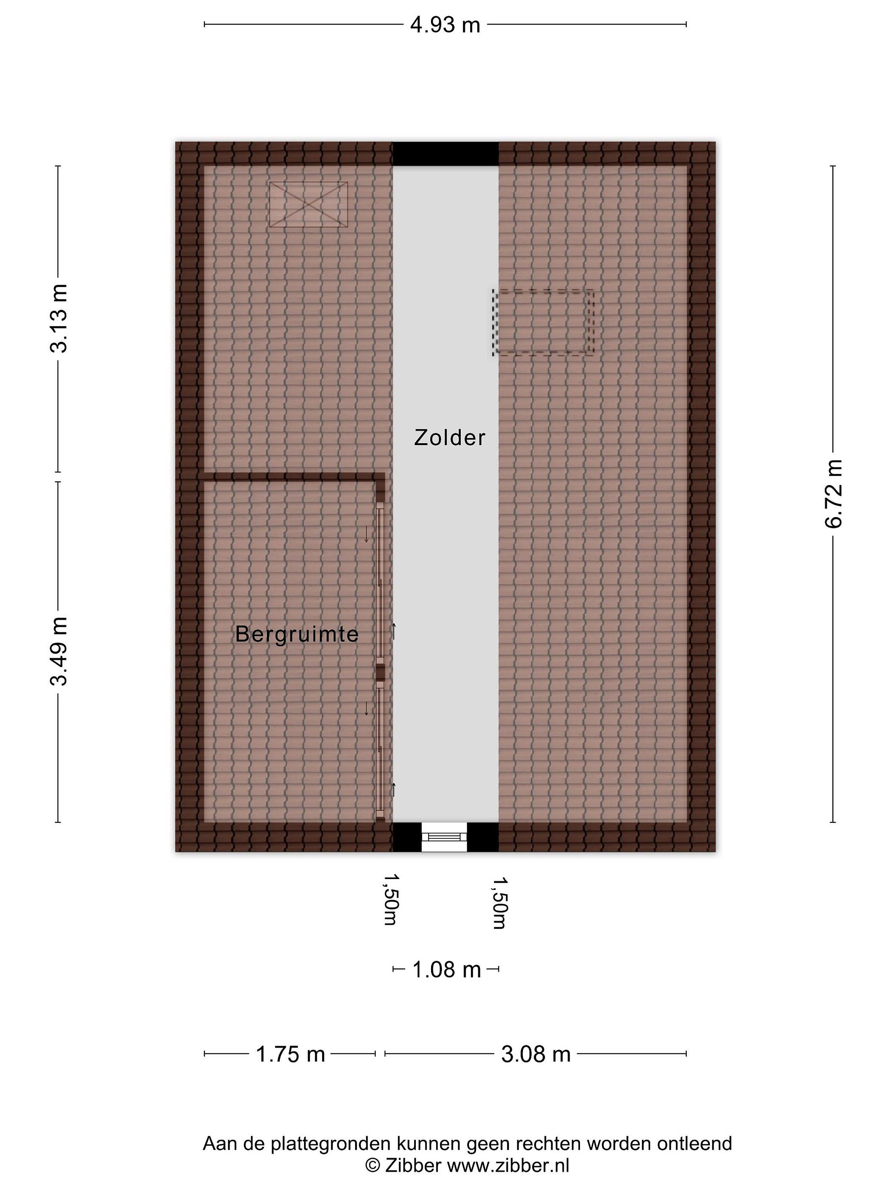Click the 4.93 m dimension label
click(x=445, y=25)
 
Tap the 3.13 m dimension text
click(x=59, y=318)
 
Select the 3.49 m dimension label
click(x=59, y=651)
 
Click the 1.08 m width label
click(x=446, y=970)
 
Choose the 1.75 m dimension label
click(x=290, y=1054)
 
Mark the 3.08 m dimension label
click(x=535, y=1054)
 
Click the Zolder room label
click(x=450, y=438)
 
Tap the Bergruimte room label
click(x=297, y=634)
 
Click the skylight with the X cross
click(x=308, y=204)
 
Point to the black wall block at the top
click(x=446, y=153)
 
